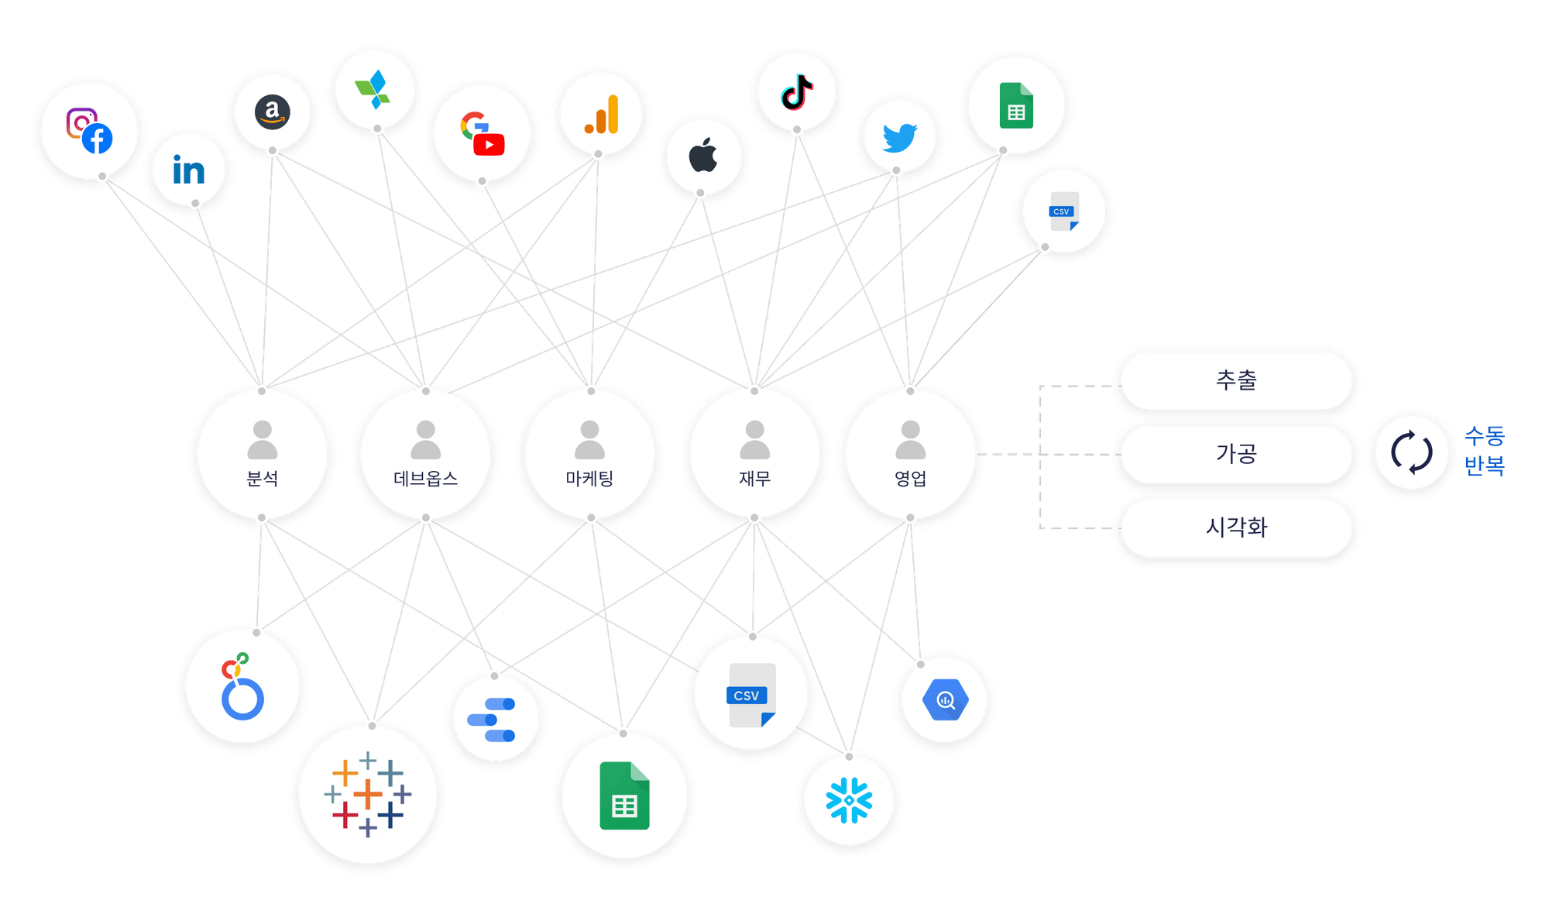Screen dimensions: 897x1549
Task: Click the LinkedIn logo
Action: click(x=189, y=170)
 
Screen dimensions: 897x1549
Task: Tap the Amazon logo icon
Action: click(x=273, y=112)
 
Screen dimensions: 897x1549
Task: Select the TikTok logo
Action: click(x=797, y=92)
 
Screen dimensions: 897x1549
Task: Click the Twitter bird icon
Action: click(x=899, y=138)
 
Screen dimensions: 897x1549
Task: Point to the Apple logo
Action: click(x=703, y=156)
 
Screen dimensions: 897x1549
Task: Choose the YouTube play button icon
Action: click(x=489, y=145)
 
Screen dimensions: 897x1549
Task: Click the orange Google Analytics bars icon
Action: click(x=602, y=115)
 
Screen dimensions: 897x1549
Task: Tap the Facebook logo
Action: click(x=98, y=139)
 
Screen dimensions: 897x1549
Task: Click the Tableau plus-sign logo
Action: click(x=368, y=794)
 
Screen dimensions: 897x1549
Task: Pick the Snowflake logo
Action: click(x=849, y=799)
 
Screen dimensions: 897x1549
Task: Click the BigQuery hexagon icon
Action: click(x=945, y=700)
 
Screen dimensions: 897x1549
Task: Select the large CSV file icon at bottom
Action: click(x=750, y=695)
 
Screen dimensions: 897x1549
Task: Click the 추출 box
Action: click(x=1236, y=380)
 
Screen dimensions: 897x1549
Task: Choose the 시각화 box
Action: click(x=1236, y=528)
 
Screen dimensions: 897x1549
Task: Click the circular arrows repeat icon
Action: click(x=1411, y=452)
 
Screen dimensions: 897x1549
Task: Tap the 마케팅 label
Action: click(x=589, y=479)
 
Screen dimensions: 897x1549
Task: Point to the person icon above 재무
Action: click(x=754, y=439)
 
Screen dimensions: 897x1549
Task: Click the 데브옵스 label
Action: click(x=425, y=479)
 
